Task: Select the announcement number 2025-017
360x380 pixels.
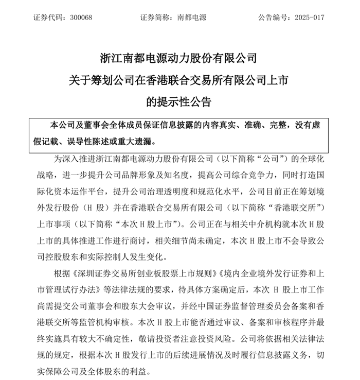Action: coord(310,17)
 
